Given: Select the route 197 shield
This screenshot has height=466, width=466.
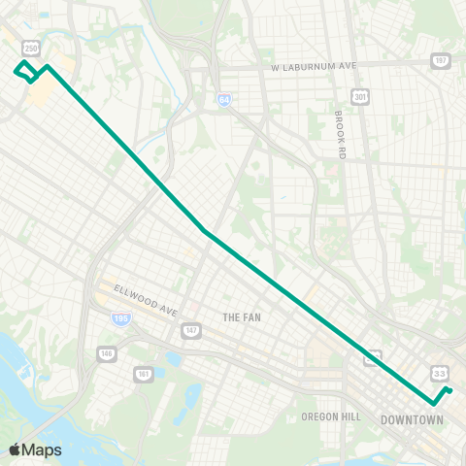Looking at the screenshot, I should click(441, 60).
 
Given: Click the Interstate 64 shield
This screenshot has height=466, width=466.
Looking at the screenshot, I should click(224, 99).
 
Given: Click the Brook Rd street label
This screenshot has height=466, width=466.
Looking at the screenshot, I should click(340, 133).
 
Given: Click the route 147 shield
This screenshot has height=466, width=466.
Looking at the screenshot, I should click(190, 331).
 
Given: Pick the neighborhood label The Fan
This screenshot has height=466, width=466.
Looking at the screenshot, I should click(242, 317).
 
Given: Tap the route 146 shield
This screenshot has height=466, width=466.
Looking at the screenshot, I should click(106, 352).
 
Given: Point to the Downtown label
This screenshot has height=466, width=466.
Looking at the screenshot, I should click(412, 420).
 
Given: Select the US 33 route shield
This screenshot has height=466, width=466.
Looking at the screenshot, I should click(440, 373).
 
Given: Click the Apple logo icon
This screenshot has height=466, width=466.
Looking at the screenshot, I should click(15, 449).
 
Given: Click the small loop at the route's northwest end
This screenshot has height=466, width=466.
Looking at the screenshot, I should click(27, 71).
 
